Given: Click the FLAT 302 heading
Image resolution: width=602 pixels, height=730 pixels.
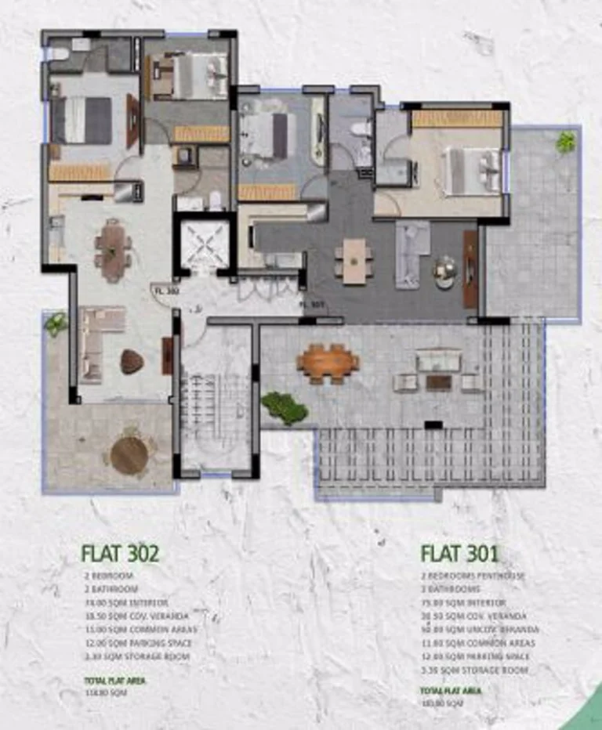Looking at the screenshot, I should pos(120,554).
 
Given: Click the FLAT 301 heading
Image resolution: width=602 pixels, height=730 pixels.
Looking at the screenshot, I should pos(459,554).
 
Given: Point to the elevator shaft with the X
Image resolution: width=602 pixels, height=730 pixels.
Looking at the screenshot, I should pos(205,245).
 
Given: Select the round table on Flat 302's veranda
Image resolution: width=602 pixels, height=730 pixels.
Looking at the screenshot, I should pos(129,455).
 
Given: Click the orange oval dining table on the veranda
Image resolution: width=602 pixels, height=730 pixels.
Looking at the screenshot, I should pos(328,363).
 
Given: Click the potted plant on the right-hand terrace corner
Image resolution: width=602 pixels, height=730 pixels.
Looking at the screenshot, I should pos(565,142).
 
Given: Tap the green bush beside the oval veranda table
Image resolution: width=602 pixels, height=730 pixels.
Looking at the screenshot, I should pos(283,407).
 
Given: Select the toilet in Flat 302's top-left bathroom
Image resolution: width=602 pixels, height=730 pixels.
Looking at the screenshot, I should pos(60,54).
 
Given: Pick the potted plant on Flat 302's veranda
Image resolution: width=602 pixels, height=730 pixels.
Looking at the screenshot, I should pos(56,323).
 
